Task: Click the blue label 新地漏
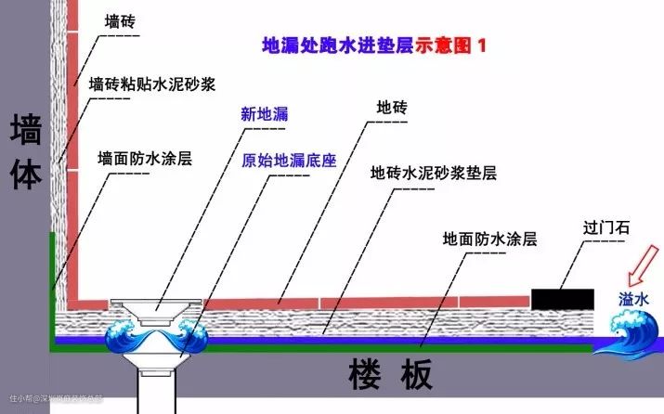click(x=265, y=114)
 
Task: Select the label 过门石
click(x=603, y=226)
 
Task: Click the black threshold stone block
click(x=563, y=299)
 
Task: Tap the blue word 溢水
click(x=636, y=300)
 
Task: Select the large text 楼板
click(x=391, y=376)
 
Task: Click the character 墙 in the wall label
click(x=26, y=130)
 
